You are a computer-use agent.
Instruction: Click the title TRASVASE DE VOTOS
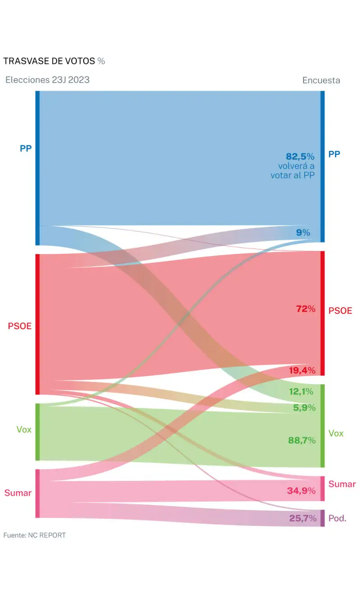[x=49, y=61]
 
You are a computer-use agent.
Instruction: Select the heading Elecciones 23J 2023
[x=47, y=80]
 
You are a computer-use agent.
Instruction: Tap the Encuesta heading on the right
[x=321, y=81]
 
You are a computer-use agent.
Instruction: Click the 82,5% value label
[x=300, y=157]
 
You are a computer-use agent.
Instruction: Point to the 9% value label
[x=303, y=233]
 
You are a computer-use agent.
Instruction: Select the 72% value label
[x=305, y=309]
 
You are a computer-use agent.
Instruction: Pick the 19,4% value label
[x=301, y=371]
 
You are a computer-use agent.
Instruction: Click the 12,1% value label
[x=301, y=392]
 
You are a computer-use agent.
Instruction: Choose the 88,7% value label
[x=301, y=440]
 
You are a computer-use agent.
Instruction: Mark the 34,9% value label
[x=301, y=491]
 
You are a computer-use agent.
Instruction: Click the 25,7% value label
[x=303, y=518]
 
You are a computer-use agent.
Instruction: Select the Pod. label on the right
[x=337, y=518]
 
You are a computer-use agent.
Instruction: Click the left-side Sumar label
[x=18, y=493]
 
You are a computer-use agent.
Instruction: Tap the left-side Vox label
[x=24, y=430]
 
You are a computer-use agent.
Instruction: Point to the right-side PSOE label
[x=340, y=311]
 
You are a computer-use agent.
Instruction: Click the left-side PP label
[x=26, y=148]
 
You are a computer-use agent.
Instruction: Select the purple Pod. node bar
[x=322, y=518]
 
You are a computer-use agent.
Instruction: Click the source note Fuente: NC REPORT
[x=35, y=535]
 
